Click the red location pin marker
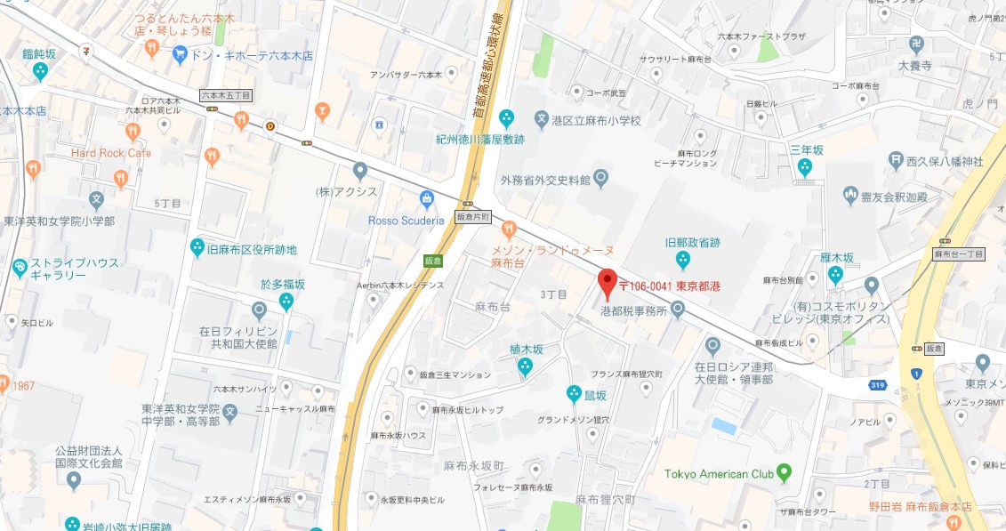(608, 283)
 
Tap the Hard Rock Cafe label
(111, 153)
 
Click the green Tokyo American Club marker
(784, 472)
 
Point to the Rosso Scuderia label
(406, 221)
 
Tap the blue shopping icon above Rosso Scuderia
(427, 197)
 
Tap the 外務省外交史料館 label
(545, 181)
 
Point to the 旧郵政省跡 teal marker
(682, 260)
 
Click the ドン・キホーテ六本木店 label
(252, 55)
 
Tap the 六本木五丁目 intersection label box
(226, 94)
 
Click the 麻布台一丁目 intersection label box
(959, 254)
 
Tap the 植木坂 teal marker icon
(525, 366)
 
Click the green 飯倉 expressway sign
(431, 260)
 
